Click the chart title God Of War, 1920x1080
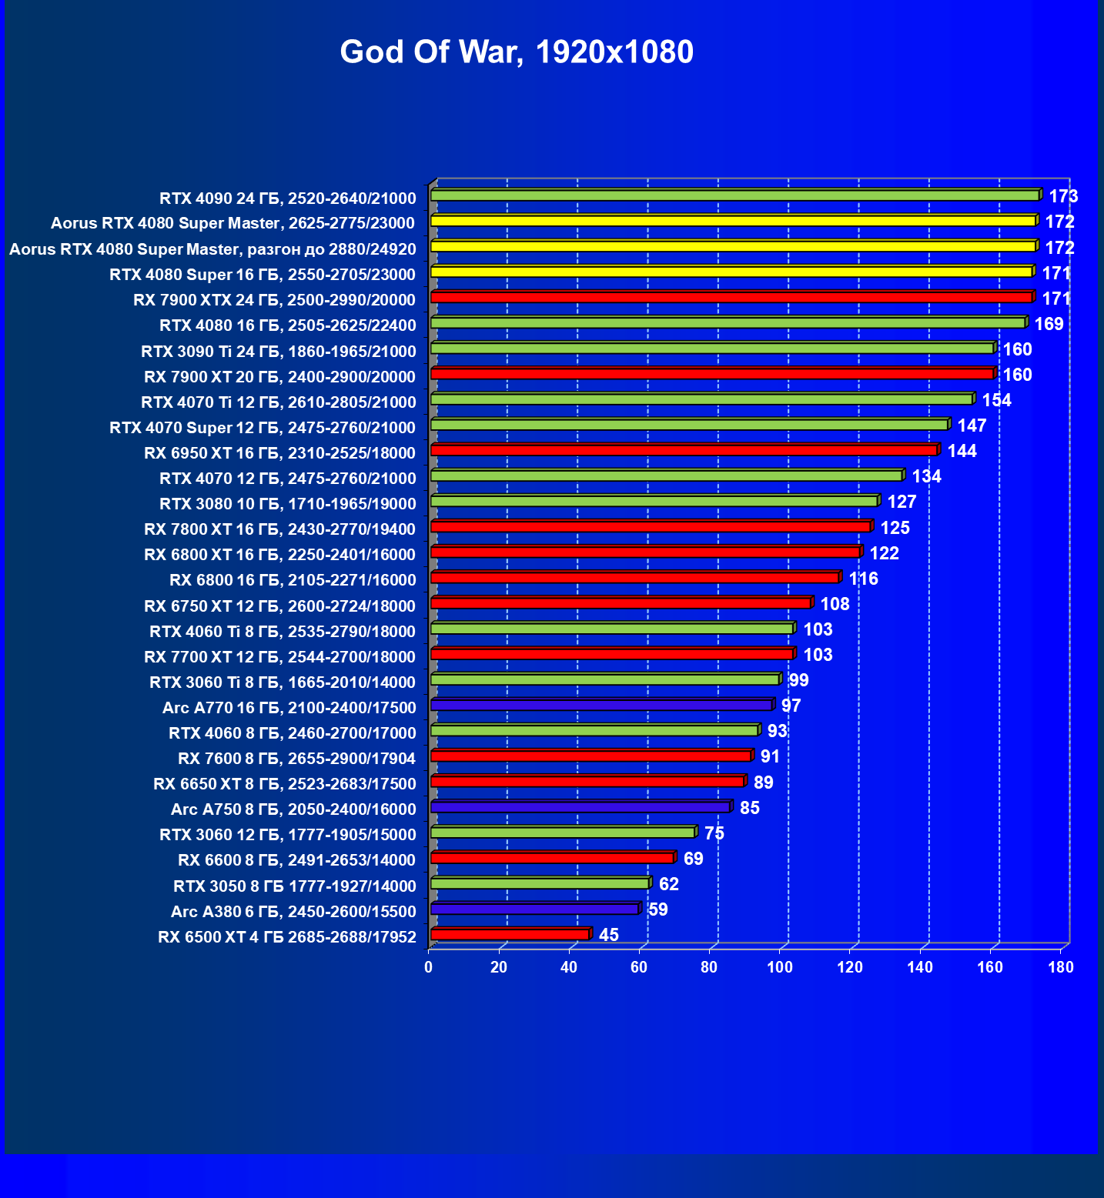point(517,52)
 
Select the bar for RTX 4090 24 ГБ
point(735,195)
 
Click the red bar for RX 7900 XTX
point(731,298)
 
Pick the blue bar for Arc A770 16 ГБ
point(601,705)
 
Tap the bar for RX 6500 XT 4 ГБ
point(510,934)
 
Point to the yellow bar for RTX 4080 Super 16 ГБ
point(731,272)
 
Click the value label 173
point(1063,196)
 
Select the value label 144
point(962,451)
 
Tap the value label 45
point(608,935)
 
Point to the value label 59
point(657,909)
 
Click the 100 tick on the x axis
point(780,967)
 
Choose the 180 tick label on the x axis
point(1061,967)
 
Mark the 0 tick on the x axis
point(429,967)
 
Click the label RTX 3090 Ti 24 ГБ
point(278,352)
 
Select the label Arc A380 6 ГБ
point(293,912)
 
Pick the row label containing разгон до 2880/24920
point(212,249)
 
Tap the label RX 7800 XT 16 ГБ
point(279,529)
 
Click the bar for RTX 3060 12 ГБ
point(563,832)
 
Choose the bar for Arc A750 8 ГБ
point(580,806)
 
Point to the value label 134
point(926,476)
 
